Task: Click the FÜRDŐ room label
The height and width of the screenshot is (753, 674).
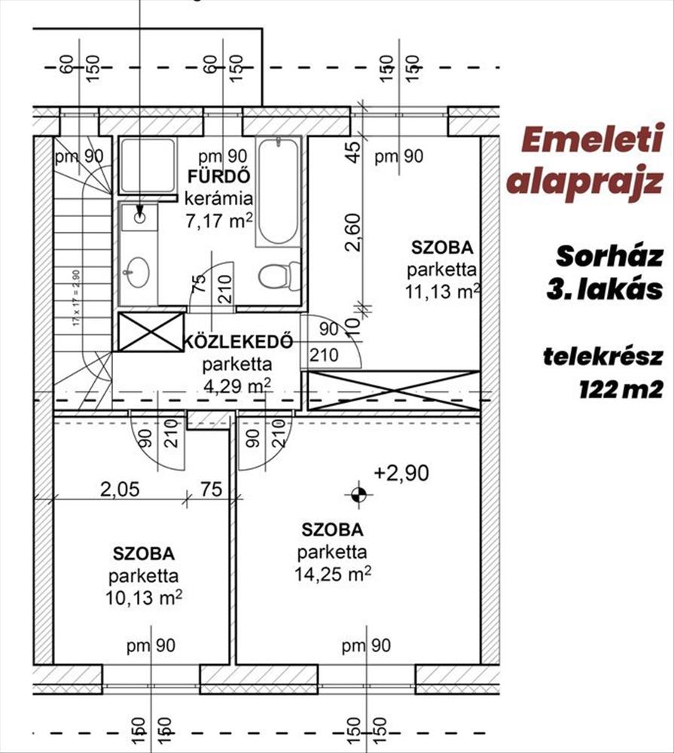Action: point(220,178)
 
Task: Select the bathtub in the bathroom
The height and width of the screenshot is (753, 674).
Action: point(277,191)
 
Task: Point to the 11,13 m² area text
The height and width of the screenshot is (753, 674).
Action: point(442,293)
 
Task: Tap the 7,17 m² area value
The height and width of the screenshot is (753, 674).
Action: point(219,221)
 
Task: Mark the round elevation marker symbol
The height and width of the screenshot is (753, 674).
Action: point(358,494)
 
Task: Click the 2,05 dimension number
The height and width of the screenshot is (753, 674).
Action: point(120,489)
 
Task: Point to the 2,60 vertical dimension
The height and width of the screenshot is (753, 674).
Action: point(358,234)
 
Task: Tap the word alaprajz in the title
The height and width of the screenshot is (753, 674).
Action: point(585,181)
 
